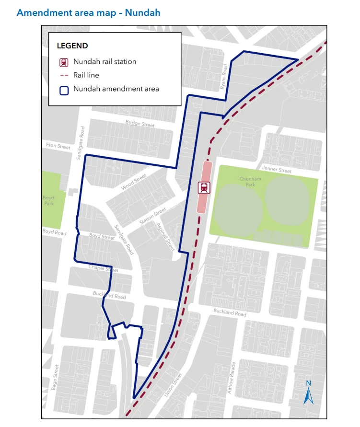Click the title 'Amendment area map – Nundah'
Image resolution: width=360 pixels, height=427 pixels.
click(88, 13)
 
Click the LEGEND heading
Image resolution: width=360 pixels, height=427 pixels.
click(72, 46)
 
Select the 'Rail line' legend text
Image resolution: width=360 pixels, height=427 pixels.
click(86, 75)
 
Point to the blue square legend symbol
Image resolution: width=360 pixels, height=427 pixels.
click(64, 89)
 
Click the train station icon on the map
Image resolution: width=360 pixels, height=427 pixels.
click(204, 187)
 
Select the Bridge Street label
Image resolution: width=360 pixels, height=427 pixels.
click(140, 124)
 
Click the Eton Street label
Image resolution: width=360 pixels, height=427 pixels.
click(58, 146)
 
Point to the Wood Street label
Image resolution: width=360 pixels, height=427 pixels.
click(134, 182)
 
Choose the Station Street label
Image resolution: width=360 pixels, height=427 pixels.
click(153, 216)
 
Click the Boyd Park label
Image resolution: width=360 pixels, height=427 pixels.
click(48, 200)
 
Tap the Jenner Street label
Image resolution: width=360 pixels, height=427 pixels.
click(277, 170)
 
